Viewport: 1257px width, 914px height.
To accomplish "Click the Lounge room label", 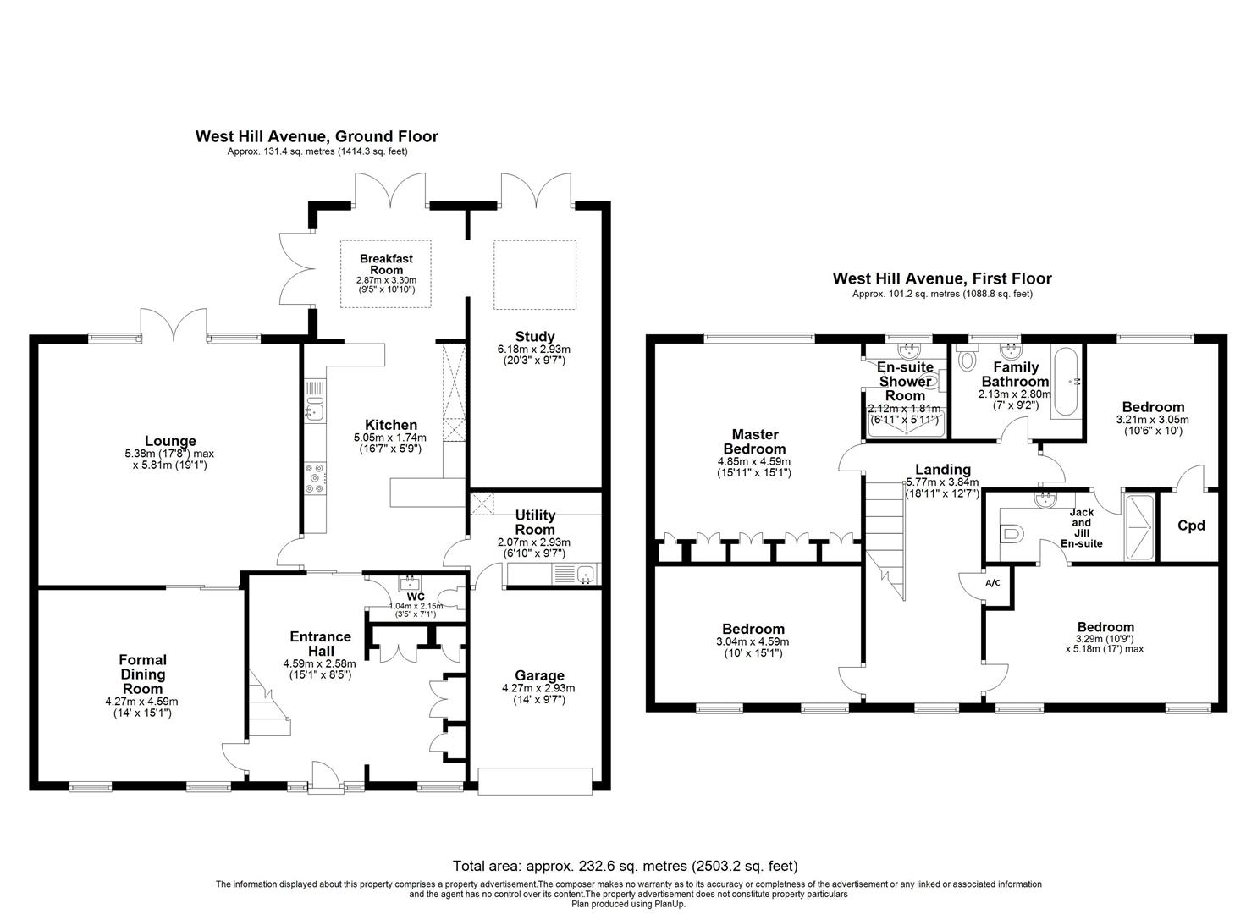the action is (x=170, y=441).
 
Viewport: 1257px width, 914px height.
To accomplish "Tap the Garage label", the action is (x=539, y=675).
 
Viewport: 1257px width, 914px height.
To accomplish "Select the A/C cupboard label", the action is (x=993, y=583).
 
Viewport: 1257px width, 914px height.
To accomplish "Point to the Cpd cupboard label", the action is (x=1191, y=526).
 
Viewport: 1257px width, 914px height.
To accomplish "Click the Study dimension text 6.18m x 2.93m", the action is (x=533, y=349).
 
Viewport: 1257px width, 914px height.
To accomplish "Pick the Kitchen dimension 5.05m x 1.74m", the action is (x=390, y=438).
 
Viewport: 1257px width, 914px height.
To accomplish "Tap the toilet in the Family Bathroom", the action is (x=967, y=358).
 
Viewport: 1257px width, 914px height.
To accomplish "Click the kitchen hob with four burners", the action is (x=315, y=479).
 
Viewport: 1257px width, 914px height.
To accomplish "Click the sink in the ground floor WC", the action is (x=409, y=581).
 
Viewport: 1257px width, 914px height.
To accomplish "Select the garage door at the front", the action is (x=535, y=781).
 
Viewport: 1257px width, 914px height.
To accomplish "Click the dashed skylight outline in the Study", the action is (x=535, y=274).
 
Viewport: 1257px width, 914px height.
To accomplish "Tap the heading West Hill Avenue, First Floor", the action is (x=941, y=278).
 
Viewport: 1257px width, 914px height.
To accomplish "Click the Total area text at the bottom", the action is (x=626, y=866).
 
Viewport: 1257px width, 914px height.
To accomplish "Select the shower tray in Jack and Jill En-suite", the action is (x=1139, y=527).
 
